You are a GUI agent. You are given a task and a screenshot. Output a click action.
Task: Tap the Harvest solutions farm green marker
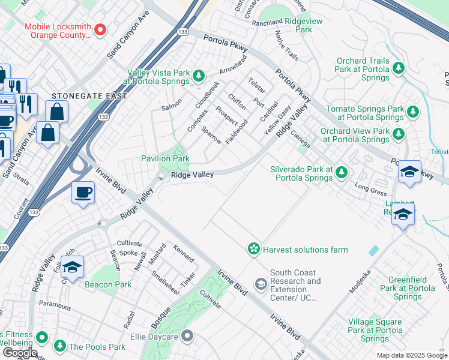tap(254, 248)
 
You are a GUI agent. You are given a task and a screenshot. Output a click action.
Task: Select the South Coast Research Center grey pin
tap(261, 283)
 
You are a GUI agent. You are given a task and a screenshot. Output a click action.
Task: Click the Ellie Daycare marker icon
tap(187, 336)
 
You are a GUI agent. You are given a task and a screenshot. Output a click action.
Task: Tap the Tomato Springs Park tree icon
tap(412, 111)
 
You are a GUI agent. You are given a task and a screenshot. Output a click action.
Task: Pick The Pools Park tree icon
tap(59, 346)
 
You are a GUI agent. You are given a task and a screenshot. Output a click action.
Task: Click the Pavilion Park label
tap(165, 158)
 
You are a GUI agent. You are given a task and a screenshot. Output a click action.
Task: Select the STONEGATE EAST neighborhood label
tap(89, 96)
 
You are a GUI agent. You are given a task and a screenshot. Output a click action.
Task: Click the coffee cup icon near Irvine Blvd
tap(83, 193)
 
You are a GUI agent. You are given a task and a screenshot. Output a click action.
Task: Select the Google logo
tap(20, 353)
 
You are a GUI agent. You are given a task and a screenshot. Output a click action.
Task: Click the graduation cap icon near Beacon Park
tap(72, 268)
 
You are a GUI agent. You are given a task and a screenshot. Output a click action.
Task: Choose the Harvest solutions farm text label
tap(305, 250)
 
